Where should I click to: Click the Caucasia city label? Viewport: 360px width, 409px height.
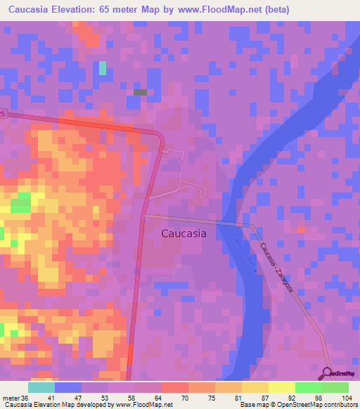[x=184, y=234]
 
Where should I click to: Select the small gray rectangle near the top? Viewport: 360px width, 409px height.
[x=140, y=92]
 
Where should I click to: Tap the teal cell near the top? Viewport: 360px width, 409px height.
[x=103, y=67]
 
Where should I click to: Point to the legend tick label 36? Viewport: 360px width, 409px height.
[x=25, y=398]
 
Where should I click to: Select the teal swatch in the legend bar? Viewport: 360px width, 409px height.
[x=41, y=387]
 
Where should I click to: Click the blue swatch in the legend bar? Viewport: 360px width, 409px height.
[x=67, y=387]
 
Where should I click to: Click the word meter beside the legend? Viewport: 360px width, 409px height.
[x=11, y=398]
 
